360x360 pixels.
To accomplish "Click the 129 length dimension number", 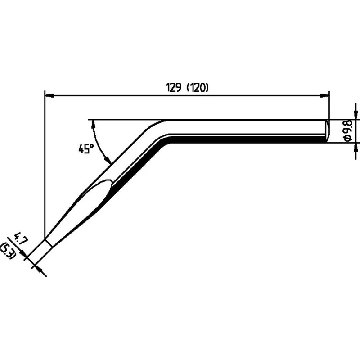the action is [174, 87].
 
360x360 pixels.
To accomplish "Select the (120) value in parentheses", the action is [198, 87].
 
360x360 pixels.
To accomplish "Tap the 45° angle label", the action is [86, 148].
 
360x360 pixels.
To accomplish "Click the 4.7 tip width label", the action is [21, 239].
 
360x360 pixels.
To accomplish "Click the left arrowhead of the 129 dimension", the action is [49, 95].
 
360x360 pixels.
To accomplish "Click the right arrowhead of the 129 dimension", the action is [324, 95].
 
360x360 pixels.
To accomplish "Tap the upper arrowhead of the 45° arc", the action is [93, 125].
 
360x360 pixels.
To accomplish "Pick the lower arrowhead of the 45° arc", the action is [108, 160].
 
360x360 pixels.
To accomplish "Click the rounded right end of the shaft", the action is [328, 131].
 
